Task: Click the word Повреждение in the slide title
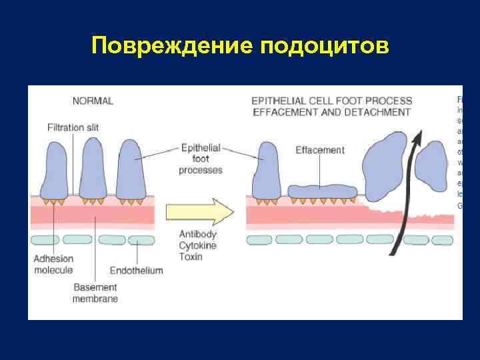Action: [171, 46]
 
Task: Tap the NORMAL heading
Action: [93, 101]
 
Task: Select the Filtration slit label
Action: [73, 127]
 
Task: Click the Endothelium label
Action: [137, 271]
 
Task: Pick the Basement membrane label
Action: [95, 293]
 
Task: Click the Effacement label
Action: [320, 150]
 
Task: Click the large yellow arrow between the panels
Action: [199, 212]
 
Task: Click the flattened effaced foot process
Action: [323, 192]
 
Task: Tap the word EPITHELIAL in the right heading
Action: [277, 101]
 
